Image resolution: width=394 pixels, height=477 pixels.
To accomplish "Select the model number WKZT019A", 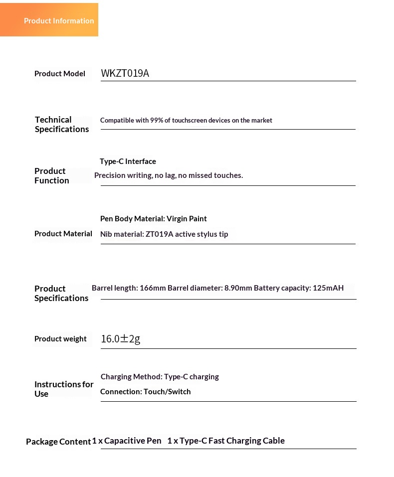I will tap(125, 74).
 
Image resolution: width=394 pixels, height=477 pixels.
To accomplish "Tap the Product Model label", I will tap(60, 74).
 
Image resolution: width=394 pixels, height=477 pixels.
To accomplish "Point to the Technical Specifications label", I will tap(62, 125).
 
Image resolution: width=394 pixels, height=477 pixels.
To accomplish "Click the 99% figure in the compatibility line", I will tap(157, 121).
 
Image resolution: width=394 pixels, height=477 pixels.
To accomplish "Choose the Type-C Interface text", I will tap(128, 161).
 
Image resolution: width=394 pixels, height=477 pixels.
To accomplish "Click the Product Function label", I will tap(52, 176).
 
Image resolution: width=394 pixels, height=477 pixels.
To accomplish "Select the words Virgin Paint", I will tap(187, 219).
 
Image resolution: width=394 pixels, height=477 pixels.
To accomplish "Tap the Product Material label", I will tap(63, 234).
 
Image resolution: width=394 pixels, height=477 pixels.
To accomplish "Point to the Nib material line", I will tap(164, 234).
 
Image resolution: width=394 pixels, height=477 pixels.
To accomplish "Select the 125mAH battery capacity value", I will tap(328, 288).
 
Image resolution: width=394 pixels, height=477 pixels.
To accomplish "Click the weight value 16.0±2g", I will tap(121, 339).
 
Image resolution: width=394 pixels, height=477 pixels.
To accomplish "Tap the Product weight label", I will tap(60, 339).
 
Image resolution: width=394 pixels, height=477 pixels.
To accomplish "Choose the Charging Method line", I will tap(160, 377).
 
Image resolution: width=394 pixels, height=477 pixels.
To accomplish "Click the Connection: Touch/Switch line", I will tap(146, 392).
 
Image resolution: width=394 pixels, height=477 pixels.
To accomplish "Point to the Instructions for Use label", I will tap(64, 389).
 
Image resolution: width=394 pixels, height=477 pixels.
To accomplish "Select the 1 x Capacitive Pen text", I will tap(127, 441).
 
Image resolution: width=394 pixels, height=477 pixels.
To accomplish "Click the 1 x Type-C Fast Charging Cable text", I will tap(226, 441).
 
